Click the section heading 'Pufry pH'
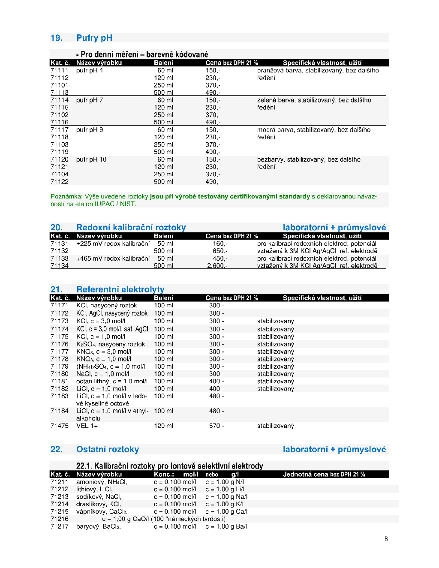click(94, 38)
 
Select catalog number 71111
click(59, 70)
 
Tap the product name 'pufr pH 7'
click(90, 100)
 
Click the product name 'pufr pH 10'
click(91, 159)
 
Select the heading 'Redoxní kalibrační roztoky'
click(131, 227)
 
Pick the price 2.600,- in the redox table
click(217, 266)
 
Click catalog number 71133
click(59, 258)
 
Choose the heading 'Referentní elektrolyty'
click(120, 289)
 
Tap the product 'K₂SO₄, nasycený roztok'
click(111, 344)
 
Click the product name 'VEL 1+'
click(87, 426)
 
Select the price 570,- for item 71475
click(216, 426)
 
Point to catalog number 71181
click(59, 381)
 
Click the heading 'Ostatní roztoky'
click(108, 449)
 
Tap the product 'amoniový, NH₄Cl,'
click(102, 482)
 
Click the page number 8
click(386, 539)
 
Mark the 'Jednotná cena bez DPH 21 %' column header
click(324, 474)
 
